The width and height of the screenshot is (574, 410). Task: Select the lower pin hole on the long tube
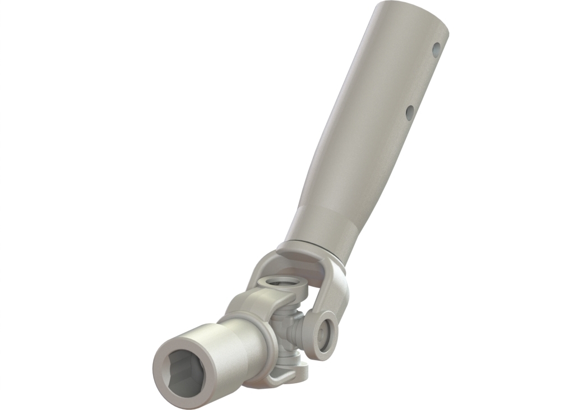click(x=410, y=113)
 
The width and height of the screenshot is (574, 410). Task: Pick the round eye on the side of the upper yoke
click(x=323, y=334)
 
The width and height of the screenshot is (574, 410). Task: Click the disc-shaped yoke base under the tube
click(x=305, y=251)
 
